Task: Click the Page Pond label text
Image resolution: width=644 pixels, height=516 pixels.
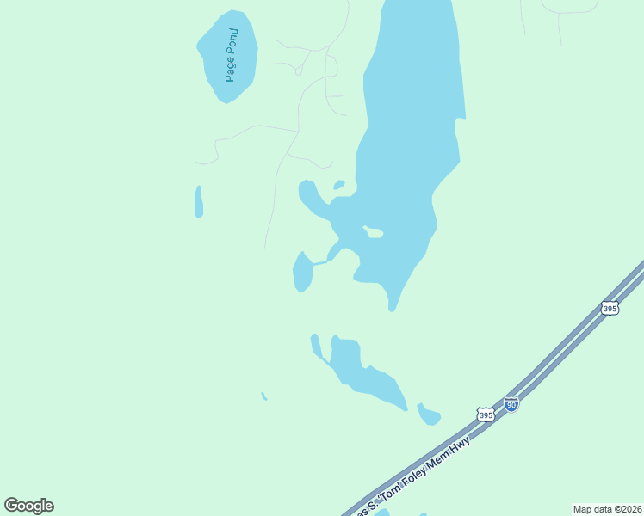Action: (231, 55)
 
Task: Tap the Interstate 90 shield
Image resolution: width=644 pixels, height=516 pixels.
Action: (511, 404)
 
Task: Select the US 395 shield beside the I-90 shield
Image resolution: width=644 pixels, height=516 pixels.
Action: (486, 415)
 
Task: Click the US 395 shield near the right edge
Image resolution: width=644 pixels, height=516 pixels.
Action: (610, 308)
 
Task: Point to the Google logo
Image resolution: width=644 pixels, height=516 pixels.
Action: (28, 506)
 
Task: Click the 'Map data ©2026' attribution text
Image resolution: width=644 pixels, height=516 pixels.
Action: (606, 509)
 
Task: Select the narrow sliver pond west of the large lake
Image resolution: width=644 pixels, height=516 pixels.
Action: (199, 202)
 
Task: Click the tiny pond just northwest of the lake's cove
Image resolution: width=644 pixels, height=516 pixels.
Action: (339, 184)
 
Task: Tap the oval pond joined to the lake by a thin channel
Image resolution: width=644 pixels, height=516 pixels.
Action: (302, 273)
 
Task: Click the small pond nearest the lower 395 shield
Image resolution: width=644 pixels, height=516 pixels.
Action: (429, 415)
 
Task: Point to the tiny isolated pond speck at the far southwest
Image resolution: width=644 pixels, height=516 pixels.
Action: (263, 396)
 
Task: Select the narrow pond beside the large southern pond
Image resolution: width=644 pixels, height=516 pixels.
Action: (316, 345)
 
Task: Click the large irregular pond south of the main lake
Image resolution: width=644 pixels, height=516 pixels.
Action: (362, 372)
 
